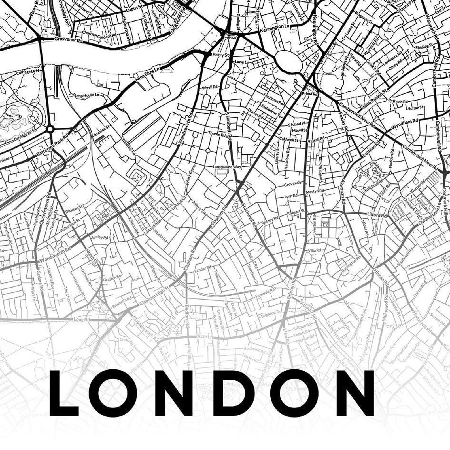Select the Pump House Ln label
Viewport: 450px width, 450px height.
pyautogui.click(x=86, y=95)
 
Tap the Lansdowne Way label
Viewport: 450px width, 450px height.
pyautogui.click(x=227, y=167)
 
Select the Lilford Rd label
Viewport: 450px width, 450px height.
pyautogui.click(x=376, y=215)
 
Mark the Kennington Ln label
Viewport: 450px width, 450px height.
pyautogui.click(x=275, y=28)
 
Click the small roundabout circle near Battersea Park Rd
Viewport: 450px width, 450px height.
pyautogui.click(x=50, y=129)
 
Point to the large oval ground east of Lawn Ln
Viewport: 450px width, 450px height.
pyautogui.click(x=289, y=61)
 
